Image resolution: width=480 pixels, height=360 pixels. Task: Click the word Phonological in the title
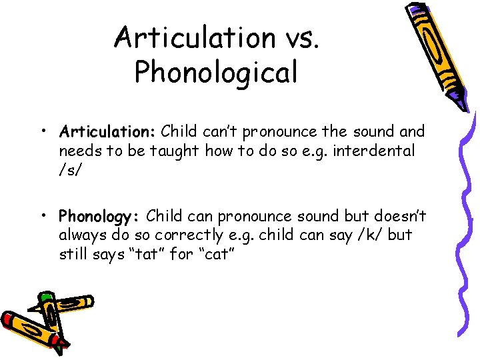(216, 72)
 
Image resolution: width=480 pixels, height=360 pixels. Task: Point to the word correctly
(189, 235)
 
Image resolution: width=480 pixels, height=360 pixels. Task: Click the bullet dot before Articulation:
(42, 130)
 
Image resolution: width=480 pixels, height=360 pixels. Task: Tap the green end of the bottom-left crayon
(45, 297)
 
